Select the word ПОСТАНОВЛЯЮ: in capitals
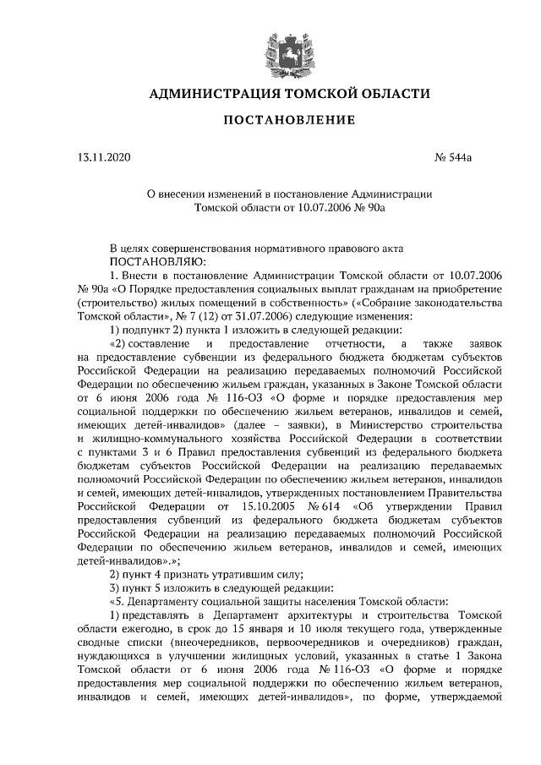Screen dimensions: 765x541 click(x=145, y=262)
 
